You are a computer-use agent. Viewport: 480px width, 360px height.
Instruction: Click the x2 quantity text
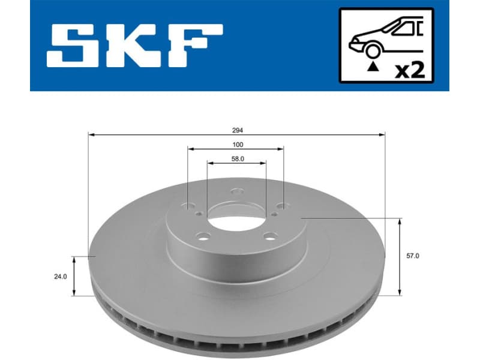pos(411,70)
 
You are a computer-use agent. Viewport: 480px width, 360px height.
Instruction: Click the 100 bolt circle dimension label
pos(237,145)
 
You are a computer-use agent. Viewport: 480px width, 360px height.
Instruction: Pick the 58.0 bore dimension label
pos(238,158)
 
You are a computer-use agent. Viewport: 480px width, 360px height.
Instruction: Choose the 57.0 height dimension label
pos(412,256)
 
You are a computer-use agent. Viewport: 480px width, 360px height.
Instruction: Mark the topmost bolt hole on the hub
pos(236,193)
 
